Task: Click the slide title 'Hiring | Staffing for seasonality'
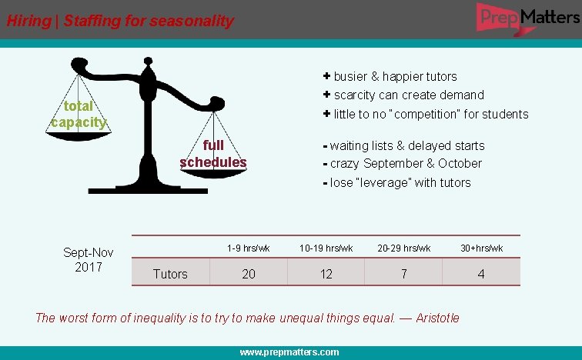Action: pyautogui.click(x=120, y=21)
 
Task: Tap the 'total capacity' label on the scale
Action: pyautogui.click(x=79, y=114)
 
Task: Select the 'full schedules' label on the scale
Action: pyautogui.click(x=213, y=154)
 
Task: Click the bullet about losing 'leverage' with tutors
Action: pyautogui.click(x=400, y=182)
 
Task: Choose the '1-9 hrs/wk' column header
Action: pyautogui.click(x=249, y=248)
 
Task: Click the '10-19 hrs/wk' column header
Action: pyautogui.click(x=326, y=248)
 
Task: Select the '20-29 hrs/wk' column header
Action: pyautogui.click(x=404, y=248)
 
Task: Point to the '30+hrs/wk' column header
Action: pyautogui.click(x=482, y=248)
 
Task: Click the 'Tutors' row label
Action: pyautogui.click(x=170, y=274)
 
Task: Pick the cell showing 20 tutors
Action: pyautogui.click(x=249, y=274)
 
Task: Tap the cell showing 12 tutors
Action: pyautogui.click(x=326, y=274)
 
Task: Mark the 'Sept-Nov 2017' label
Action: pyautogui.click(x=88, y=260)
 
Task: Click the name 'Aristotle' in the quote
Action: pyautogui.click(x=437, y=318)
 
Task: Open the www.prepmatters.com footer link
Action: pyautogui.click(x=289, y=352)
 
